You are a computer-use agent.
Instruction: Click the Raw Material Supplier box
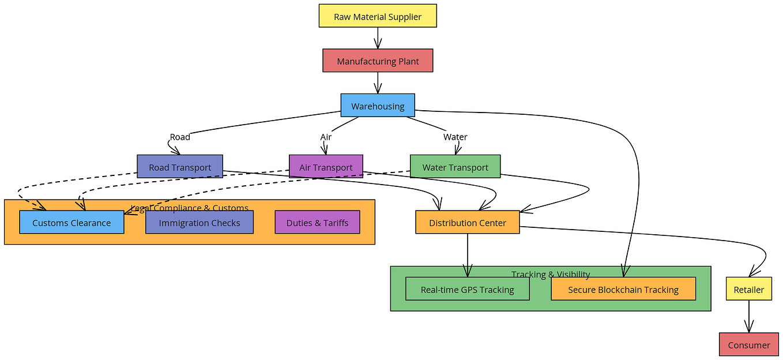coord(378,16)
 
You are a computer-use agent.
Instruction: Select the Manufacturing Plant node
coord(378,61)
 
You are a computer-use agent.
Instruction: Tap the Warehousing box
coord(378,106)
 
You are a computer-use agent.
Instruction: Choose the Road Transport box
coord(180,167)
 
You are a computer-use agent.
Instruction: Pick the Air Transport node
coord(326,167)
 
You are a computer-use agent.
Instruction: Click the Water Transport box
coord(455,167)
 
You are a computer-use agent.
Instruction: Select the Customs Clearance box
coord(71,222)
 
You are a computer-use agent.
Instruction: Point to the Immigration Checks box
coord(199,222)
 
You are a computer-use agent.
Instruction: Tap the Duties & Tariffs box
coord(317,222)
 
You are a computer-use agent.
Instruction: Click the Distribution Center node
coord(467,222)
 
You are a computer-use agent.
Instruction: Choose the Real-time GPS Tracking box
coord(467,289)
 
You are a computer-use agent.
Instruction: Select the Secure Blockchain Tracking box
coord(623,289)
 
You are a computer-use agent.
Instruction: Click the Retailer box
coord(748,289)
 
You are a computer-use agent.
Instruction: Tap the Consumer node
coord(748,344)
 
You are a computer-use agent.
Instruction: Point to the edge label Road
coord(180,137)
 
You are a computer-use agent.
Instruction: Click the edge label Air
coord(326,137)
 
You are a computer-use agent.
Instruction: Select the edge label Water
coord(455,137)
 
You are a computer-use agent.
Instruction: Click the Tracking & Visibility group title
coord(551,274)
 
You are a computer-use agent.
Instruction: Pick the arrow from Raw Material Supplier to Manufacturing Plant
coord(378,38)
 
